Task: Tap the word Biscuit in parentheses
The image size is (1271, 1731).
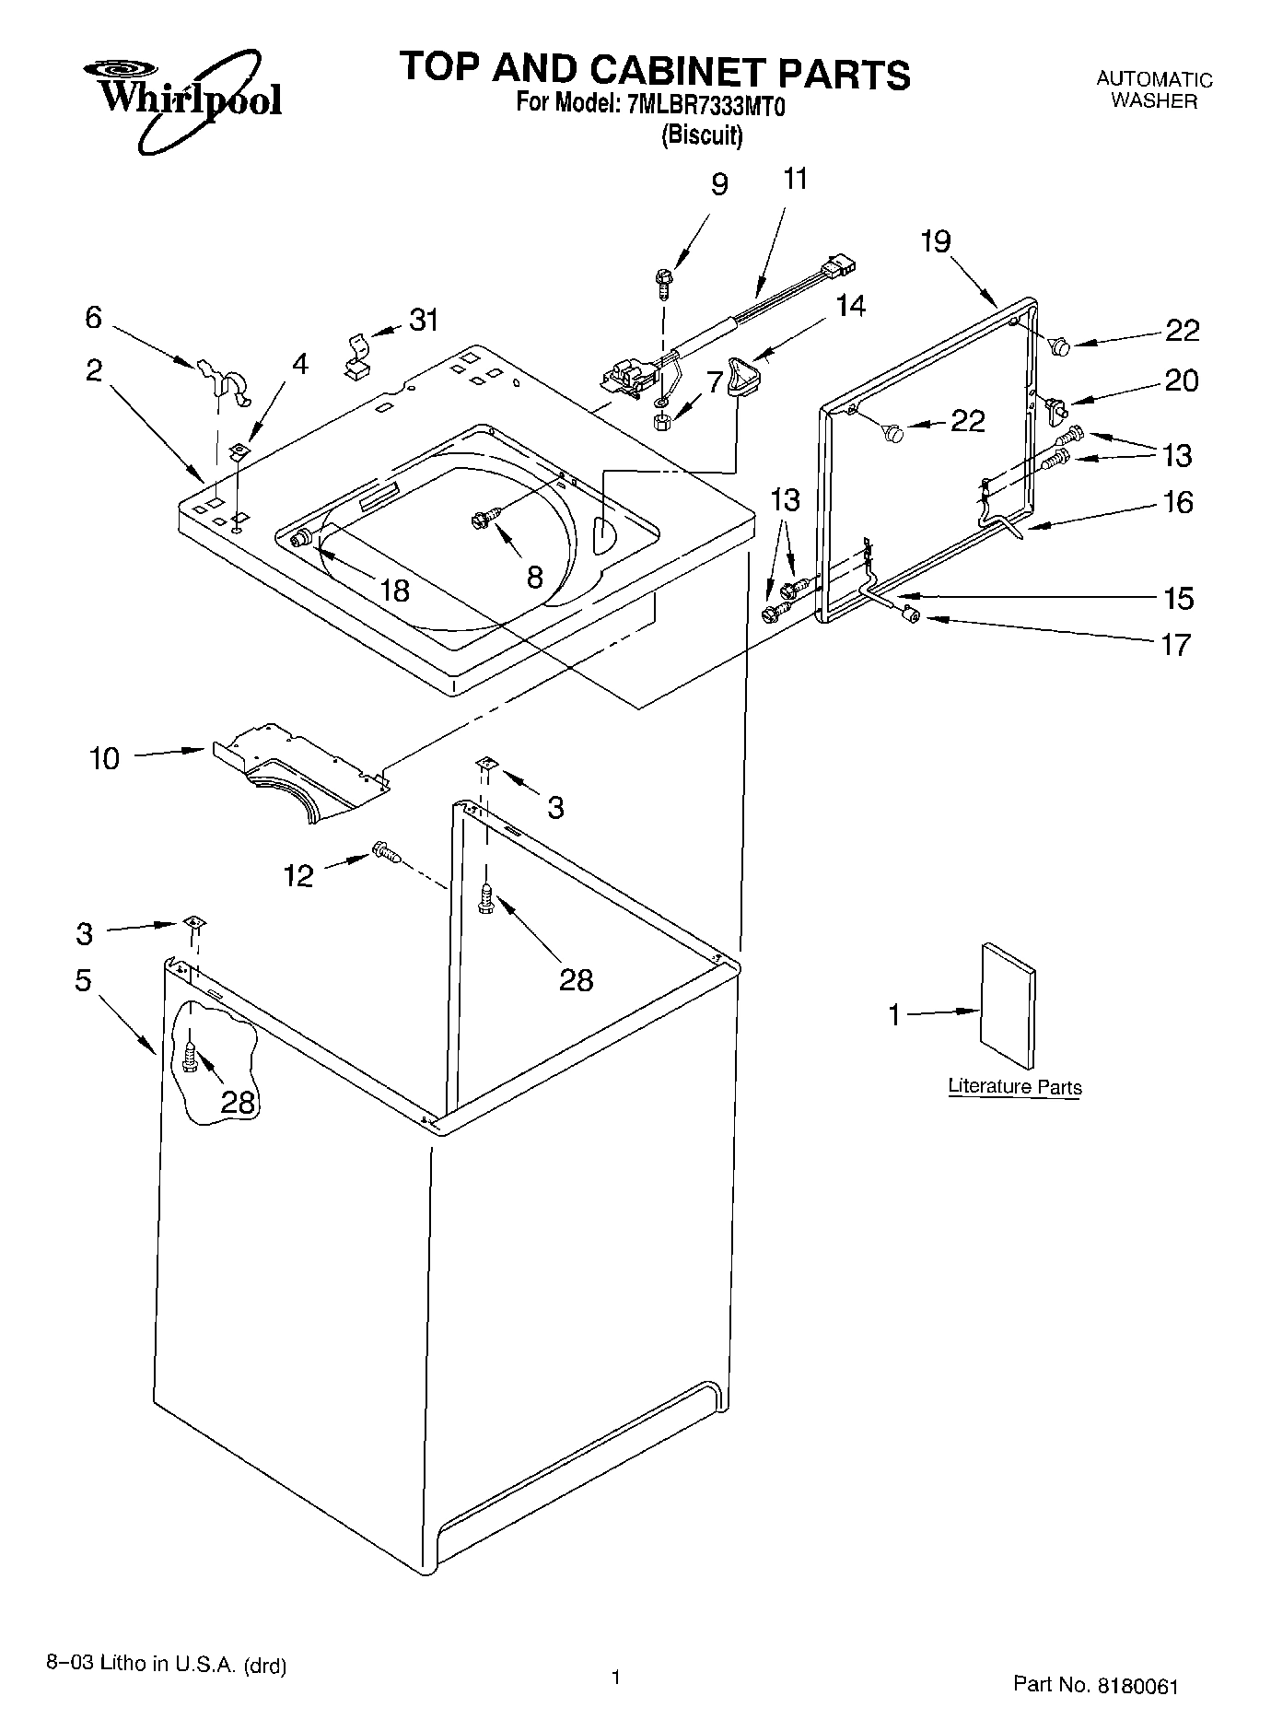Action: [x=702, y=136]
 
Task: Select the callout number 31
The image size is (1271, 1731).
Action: [x=423, y=320]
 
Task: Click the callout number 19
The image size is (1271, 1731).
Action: [x=935, y=241]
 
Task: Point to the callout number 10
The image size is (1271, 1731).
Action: [x=105, y=759]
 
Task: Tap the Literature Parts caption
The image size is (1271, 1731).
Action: [x=1015, y=1087]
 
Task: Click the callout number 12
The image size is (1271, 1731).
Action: [x=297, y=875]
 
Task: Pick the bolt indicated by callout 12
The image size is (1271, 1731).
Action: [x=386, y=853]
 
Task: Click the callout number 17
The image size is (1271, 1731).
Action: [x=1176, y=644]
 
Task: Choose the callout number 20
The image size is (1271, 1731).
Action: [x=1182, y=380]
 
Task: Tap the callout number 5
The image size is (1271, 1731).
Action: [x=83, y=980]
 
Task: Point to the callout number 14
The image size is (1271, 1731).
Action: [x=850, y=306]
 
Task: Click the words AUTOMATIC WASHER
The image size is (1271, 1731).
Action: [x=1153, y=90]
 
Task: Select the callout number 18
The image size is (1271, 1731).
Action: [x=394, y=591]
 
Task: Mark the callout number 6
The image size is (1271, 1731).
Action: [x=93, y=317]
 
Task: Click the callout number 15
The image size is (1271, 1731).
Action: [x=1179, y=598]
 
